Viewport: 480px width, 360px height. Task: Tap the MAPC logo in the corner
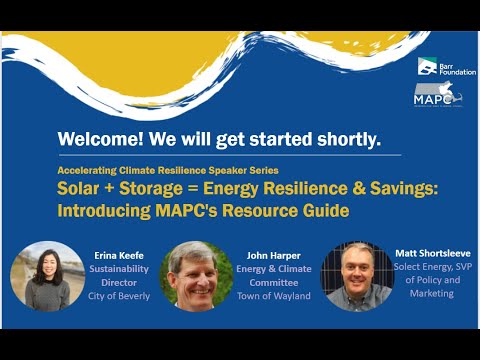[x=437, y=95]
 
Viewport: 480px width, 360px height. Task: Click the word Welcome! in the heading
[x=98, y=139]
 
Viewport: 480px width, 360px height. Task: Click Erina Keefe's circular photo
[x=46, y=275]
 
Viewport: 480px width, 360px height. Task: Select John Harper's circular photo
[x=191, y=275]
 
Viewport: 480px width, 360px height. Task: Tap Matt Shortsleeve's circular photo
[x=354, y=276]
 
